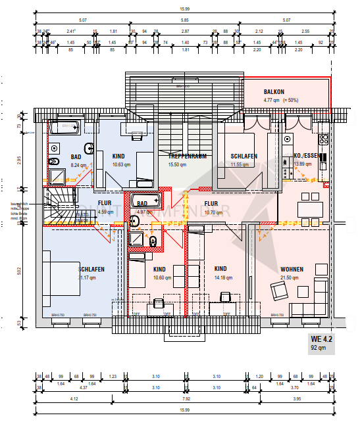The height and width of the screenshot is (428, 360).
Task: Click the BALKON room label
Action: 274,92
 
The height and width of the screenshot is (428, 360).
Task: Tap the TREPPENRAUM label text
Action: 188,156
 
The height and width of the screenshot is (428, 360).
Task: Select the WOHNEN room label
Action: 292,269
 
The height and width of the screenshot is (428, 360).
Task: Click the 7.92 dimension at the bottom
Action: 187,398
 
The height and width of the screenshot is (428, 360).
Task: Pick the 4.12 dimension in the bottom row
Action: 74,398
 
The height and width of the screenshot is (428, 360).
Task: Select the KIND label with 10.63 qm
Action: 118,156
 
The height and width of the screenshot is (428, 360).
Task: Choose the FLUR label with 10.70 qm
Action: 211,204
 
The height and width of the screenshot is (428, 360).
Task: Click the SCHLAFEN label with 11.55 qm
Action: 244,156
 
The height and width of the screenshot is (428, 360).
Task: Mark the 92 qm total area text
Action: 319,349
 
